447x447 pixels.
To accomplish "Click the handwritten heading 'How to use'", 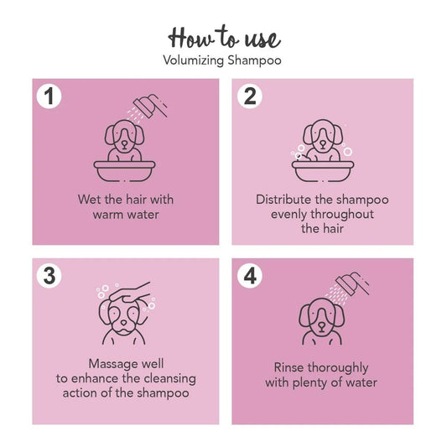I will click(x=224, y=37).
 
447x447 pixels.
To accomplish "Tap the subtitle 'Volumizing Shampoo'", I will click(x=224, y=60).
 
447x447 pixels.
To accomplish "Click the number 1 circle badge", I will click(x=50, y=96).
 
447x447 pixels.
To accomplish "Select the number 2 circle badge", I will click(x=249, y=96).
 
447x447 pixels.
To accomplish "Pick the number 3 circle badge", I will click(x=50, y=274).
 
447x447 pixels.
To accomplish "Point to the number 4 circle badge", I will click(x=249, y=274).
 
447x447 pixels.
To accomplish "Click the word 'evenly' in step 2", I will click(x=290, y=215).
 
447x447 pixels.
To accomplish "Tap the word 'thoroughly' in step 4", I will click(x=340, y=368).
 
